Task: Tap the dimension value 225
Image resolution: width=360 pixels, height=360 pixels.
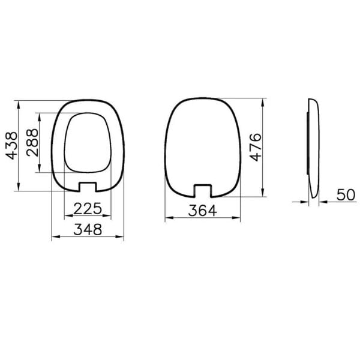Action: pos(88,208)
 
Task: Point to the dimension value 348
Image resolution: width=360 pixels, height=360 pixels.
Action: pos(88,229)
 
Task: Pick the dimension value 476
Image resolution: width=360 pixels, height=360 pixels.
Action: pos(256,147)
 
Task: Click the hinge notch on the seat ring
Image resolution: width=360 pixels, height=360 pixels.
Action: pos(88,185)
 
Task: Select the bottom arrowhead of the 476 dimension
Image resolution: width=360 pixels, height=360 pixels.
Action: pos(264,193)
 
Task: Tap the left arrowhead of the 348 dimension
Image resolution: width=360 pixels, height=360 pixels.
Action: pos(54,238)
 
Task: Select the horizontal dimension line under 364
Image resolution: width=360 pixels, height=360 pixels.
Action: pos(202,219)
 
